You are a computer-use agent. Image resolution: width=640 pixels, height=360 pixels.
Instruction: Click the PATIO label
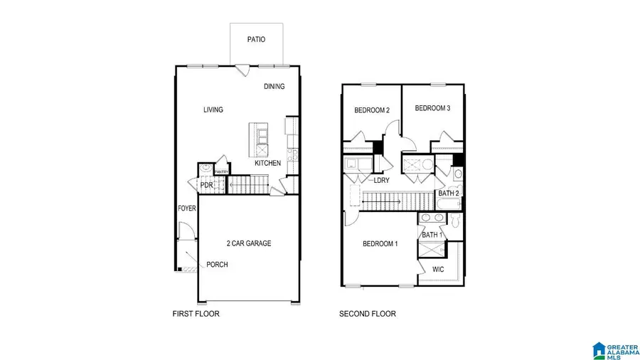256,40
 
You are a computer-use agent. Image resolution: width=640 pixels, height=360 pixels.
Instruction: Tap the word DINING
274,87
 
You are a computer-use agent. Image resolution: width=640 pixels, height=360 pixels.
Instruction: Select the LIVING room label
213,110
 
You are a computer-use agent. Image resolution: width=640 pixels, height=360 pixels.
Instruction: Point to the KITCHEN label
268,164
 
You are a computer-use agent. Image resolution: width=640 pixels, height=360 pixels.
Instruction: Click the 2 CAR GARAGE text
249,243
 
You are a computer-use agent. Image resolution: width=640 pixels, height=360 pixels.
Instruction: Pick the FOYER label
186,208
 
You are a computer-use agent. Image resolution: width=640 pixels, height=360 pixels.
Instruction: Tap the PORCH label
217,265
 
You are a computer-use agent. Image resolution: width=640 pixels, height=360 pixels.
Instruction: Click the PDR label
206,186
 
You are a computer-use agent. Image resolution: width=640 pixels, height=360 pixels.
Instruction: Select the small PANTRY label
221,171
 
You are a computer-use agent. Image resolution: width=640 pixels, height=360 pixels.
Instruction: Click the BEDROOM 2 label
372,110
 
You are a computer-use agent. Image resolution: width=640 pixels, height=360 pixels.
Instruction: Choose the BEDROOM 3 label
432,108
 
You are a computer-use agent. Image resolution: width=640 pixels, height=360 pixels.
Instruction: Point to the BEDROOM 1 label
380,244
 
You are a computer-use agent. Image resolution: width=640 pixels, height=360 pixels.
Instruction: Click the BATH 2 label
449,193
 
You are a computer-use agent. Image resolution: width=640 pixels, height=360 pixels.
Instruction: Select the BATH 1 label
432,235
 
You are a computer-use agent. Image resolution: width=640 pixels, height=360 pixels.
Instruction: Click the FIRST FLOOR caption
196,314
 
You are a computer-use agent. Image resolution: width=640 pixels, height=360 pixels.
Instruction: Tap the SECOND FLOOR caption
368,314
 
